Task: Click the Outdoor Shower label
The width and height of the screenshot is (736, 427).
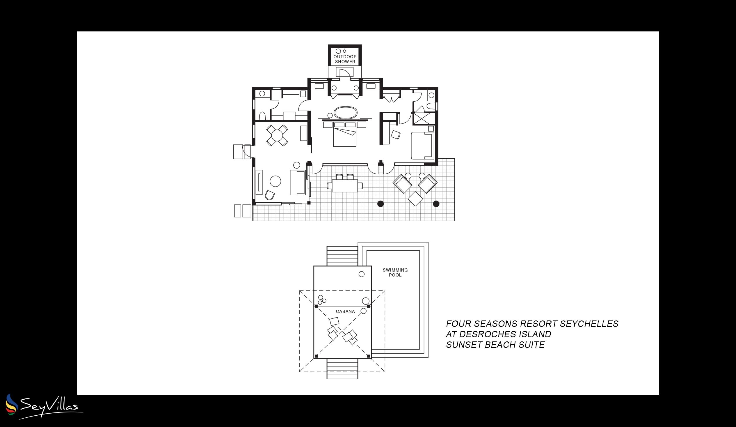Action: click(345, 59)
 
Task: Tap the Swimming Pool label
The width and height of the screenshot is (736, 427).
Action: click(395, 272)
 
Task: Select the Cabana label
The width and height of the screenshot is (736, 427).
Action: click(345, 311)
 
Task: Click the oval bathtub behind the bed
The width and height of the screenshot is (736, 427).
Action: click(346, 113)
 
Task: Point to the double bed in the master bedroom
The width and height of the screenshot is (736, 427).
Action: click(345, 134)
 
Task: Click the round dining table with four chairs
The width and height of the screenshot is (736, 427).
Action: click(277, 135)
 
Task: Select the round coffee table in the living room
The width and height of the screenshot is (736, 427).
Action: click(275, 181)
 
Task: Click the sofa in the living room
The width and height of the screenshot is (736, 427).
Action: click(298, 183)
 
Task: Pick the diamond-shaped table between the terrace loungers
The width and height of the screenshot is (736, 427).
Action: click(415, 199)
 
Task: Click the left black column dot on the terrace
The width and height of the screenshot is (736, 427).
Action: click(380, 204)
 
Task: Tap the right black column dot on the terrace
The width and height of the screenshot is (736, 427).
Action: click(436, 204)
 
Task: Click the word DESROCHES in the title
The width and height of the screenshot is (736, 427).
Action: click(487, 334)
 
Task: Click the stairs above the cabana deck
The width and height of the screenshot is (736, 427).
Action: click(342, 256)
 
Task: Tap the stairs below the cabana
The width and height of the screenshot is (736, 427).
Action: click(342, 368)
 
